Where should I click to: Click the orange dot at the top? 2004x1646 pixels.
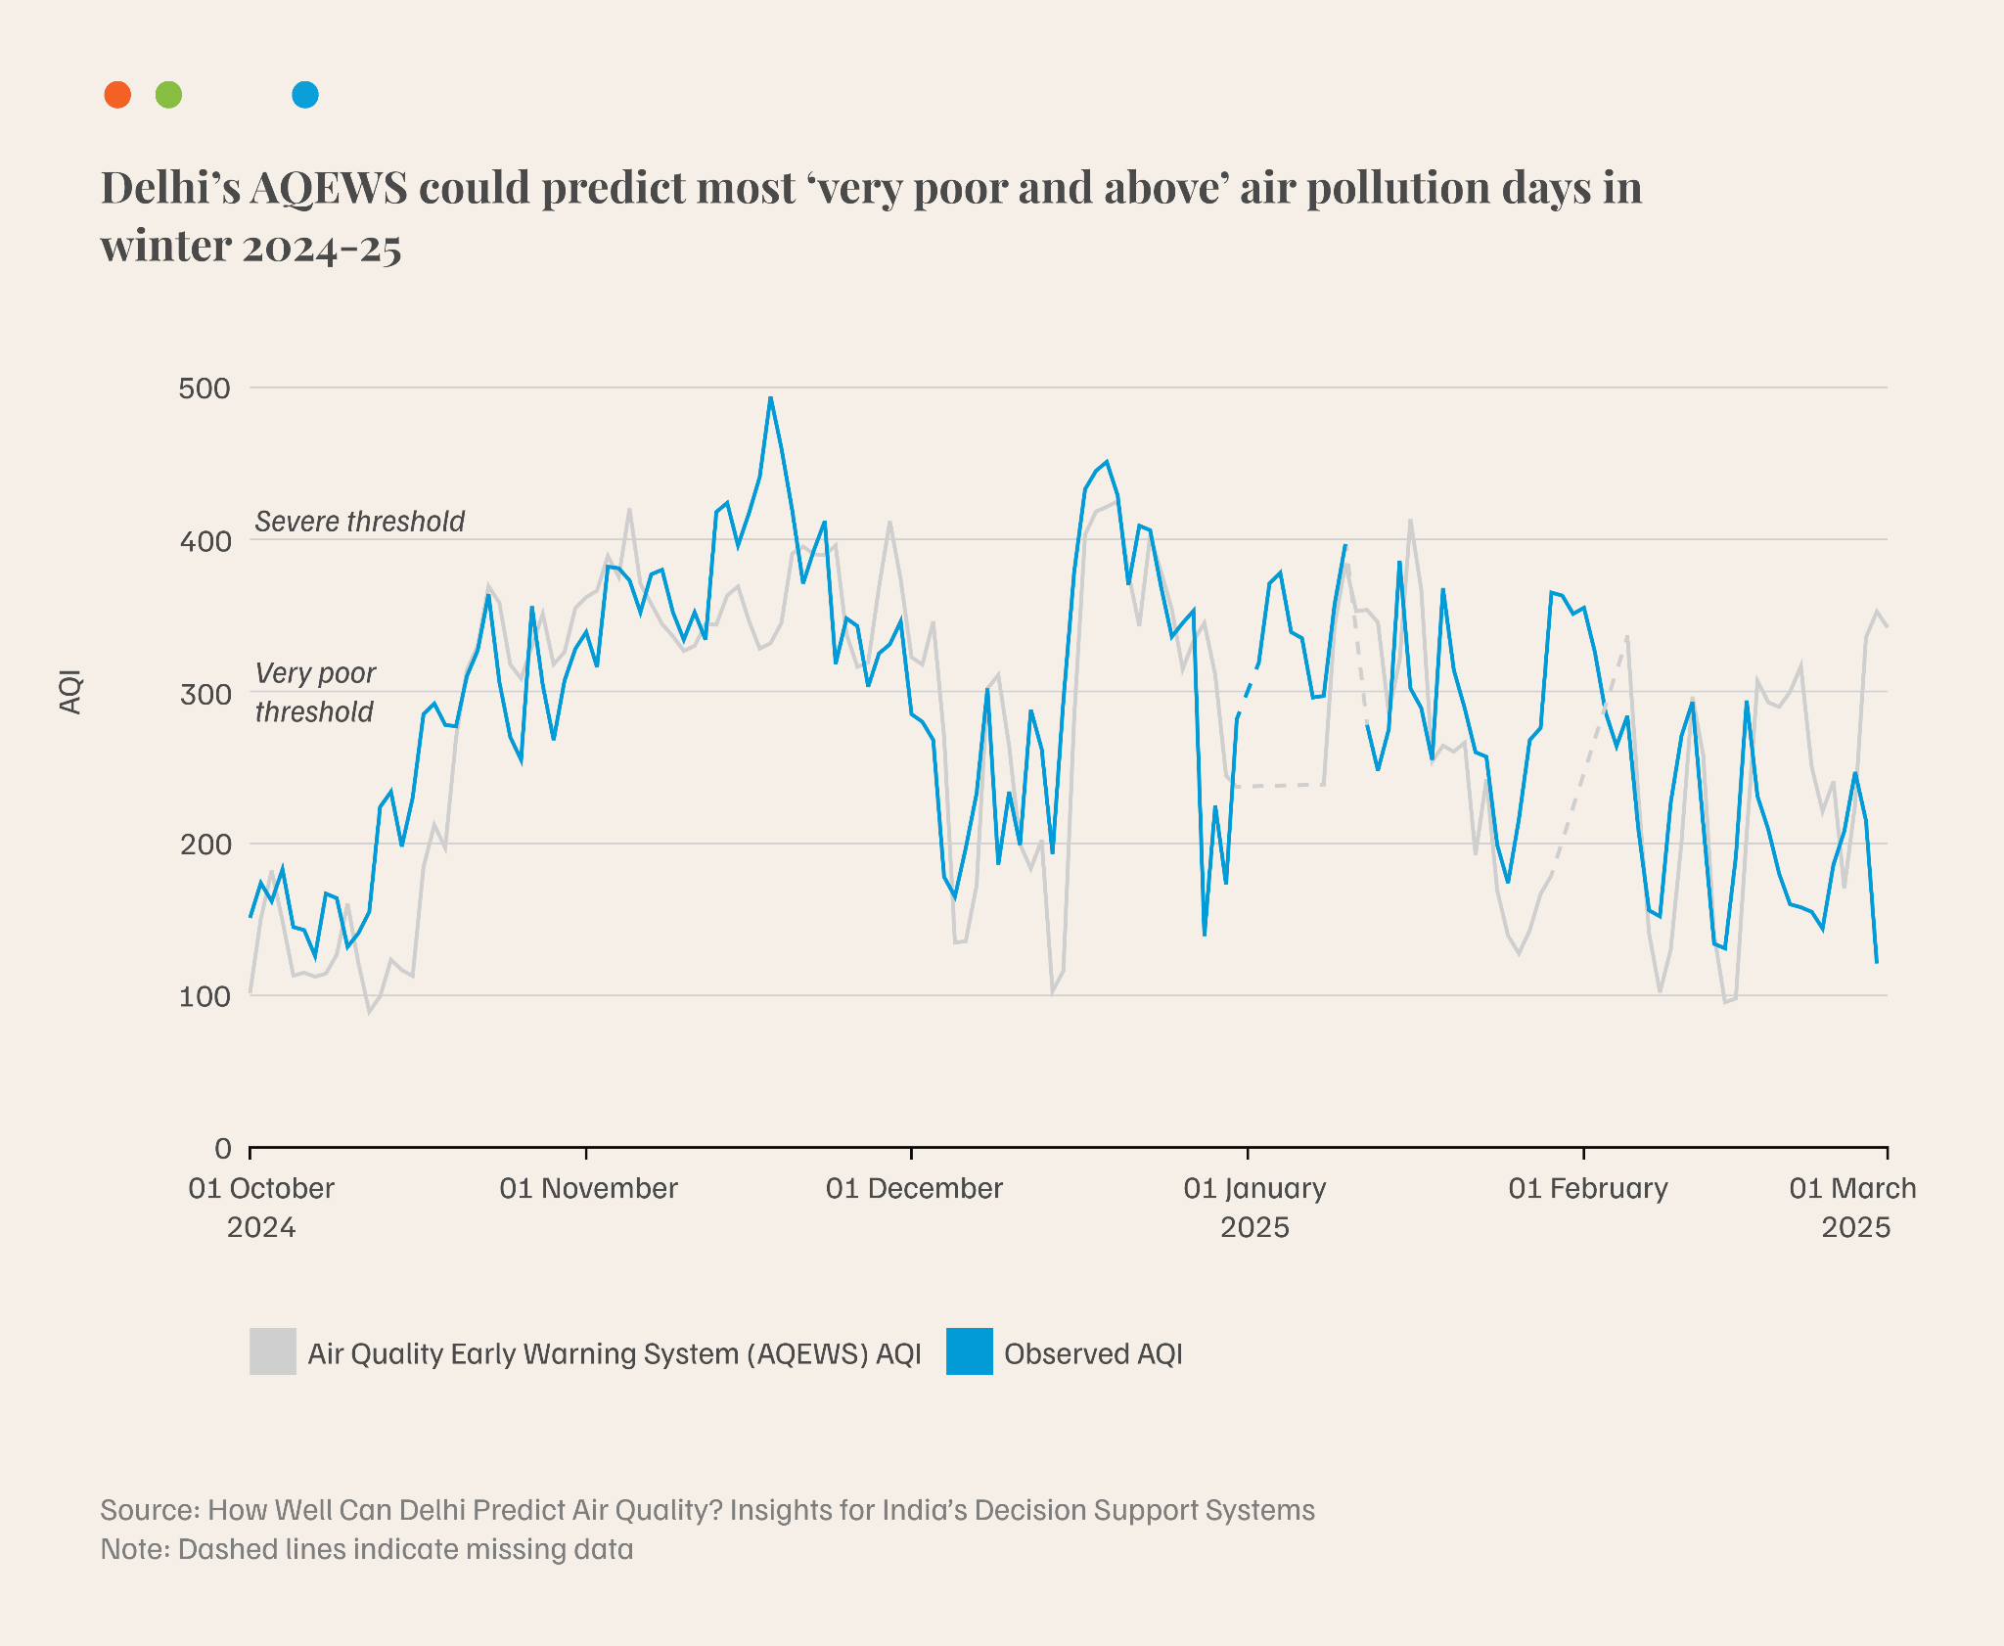[117, 95]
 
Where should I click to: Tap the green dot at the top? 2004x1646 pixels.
[168, 95]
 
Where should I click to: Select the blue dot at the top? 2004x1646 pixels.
[305, 95]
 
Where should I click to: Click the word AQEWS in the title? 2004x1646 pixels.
[329, 188]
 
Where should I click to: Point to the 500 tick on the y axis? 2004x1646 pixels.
[205, 389]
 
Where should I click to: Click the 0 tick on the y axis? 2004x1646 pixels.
[223, 1148]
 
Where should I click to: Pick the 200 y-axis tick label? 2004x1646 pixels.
[205, 845]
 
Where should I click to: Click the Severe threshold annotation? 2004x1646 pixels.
[359, 522]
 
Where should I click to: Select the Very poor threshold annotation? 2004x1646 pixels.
[315, 692]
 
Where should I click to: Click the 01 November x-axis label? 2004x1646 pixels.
[588, 1188]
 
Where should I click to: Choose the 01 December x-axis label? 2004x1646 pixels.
[914, 1188]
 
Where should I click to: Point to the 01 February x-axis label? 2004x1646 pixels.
[1587, 1188]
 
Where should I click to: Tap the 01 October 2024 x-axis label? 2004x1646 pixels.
[261, 1207]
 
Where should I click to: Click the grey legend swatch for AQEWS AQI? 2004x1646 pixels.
[273, 1351]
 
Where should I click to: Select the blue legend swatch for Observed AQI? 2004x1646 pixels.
[969, 1351]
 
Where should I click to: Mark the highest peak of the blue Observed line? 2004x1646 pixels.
[770, 398]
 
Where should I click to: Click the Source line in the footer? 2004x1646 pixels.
[706, 1510]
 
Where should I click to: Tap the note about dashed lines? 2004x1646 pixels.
[366, 1549]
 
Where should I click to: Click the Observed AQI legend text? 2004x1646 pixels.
[1093, 1353]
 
